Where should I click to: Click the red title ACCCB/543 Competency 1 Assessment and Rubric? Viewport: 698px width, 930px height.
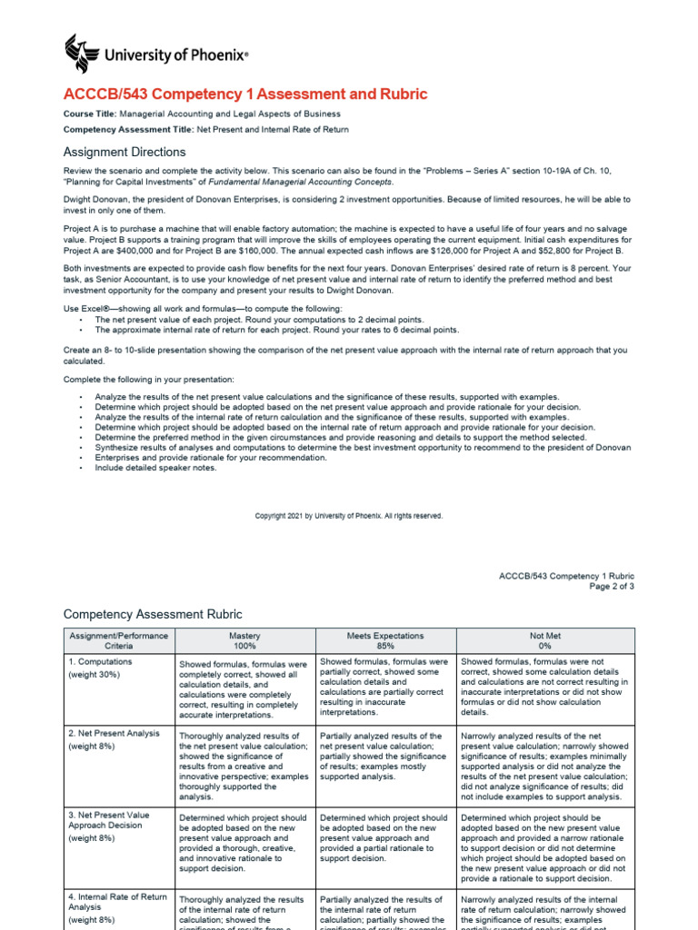click(x=244, y=94)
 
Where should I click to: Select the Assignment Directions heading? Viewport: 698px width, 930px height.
click(x=125, y=152)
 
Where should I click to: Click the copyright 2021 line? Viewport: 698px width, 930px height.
click(x=349, y=516)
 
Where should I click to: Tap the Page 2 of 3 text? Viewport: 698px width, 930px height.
click(x=612, y=587)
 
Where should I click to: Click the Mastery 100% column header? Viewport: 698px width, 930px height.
click(x=244, y=641)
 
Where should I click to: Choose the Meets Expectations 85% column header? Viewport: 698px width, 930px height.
click(x=385, y=641)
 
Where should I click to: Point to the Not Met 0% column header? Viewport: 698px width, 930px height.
click(x=545, y=641)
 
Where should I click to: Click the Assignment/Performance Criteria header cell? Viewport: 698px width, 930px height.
click(x=118, y=641)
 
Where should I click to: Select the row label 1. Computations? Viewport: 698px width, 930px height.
click(x=101, y=662)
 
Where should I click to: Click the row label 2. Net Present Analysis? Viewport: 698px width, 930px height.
click(x=115, y=733)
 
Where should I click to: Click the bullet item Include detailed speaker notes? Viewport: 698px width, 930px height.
click(x=156, y=469)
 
